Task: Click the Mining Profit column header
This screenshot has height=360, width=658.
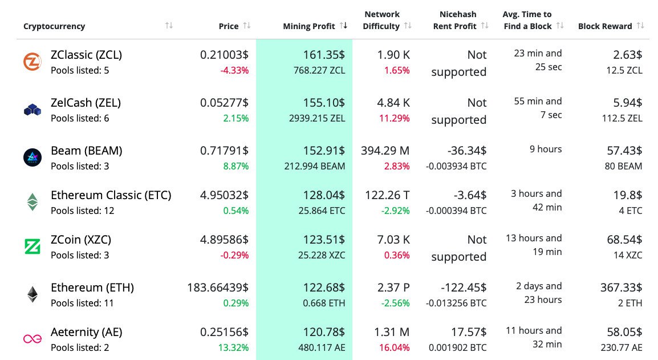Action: pos(308,26)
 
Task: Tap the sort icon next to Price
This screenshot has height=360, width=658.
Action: pos(246,26)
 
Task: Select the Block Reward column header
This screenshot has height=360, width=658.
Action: pos(604,26)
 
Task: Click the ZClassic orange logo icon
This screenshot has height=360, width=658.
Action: pos(32,62)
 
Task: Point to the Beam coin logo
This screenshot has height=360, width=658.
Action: pos(32,157)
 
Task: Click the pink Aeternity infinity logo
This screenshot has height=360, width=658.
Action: pos(32,339)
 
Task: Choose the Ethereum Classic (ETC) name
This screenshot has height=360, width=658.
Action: pos(111,195)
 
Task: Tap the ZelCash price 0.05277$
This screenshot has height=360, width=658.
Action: pos(224,103)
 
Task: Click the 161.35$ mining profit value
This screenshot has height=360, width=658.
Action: pos(324,55)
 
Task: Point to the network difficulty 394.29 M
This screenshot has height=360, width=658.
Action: pos(385,151)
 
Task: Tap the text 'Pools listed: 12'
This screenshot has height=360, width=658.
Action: pos(82,211)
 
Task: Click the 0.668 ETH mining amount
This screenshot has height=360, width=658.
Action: pos(326,303)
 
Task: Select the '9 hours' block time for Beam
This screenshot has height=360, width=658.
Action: pos(546,149)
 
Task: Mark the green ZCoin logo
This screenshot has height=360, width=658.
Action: pos(32,246)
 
